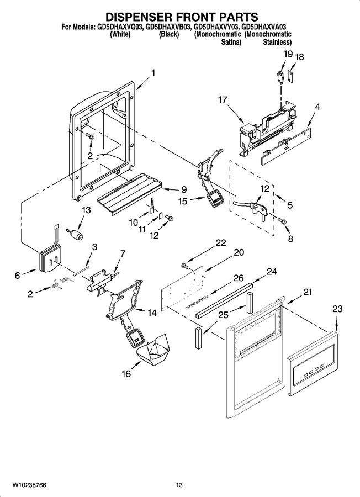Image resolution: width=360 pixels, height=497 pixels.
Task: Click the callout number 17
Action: coord(223,100)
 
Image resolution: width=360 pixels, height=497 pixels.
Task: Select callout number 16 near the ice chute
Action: coord(126,374)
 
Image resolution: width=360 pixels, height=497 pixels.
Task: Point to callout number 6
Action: coord(17,275)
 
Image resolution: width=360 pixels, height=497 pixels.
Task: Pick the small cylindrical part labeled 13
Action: coord(75,234)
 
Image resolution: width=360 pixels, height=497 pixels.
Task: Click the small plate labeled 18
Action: coord(290,76)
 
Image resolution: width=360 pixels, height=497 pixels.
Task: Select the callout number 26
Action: coord(239,278)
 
